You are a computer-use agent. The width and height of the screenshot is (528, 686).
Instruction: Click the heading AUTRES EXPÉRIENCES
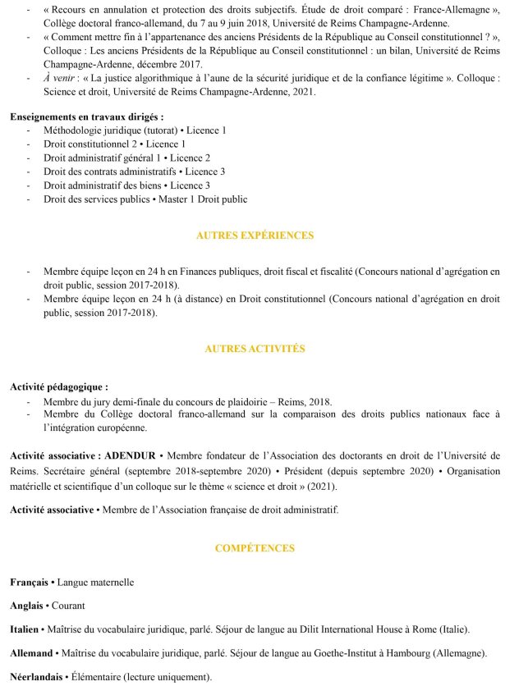click(x=255, y=236)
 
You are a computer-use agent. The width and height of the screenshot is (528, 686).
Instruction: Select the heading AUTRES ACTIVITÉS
click(x=255, y=349)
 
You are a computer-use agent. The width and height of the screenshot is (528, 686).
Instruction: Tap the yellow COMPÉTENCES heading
click(x=255, y=547)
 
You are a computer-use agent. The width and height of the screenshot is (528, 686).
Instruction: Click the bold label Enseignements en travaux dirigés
click(x=86, y=117)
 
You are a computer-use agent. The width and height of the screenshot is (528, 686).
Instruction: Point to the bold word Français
click(x=29, y=582)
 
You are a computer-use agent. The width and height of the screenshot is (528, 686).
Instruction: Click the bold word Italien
click(x=25, y=629)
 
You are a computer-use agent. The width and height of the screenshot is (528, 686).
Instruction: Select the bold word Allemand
click(x=32, y=653)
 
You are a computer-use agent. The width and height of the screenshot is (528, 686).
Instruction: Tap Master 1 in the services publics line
click(x=182, y=199)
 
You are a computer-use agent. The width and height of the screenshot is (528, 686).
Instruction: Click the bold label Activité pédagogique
click(x=59, y=386)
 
